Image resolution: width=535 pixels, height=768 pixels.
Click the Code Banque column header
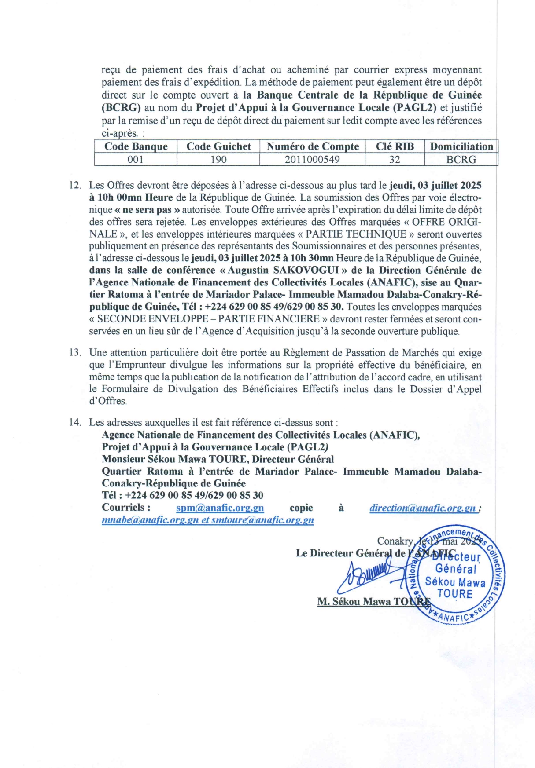tap(136, 146)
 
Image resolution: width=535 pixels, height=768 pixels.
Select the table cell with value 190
tap(218, 160)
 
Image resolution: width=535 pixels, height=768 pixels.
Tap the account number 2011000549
tap(312, 160)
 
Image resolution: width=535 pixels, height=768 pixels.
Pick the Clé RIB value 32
tap(395, 160)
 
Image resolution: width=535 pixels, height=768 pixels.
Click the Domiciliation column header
tap(461, 146)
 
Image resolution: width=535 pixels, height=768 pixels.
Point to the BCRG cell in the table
tap(461, 160)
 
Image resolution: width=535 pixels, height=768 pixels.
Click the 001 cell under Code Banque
tap(136, 160)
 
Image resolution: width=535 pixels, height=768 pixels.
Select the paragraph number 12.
tap(74, 185)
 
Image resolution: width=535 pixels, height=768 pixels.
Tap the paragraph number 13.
tap(74, 353)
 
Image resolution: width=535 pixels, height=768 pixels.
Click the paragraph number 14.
tap(74, 423)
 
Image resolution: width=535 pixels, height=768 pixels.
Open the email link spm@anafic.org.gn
tap(220, 508)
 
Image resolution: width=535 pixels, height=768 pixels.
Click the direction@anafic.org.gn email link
tap(423, 508)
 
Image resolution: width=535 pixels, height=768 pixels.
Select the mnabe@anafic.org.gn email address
tap(150, 520)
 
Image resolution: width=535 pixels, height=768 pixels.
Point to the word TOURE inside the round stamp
tap(454, 594)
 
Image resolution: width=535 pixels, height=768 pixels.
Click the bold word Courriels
tap(126, 508)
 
